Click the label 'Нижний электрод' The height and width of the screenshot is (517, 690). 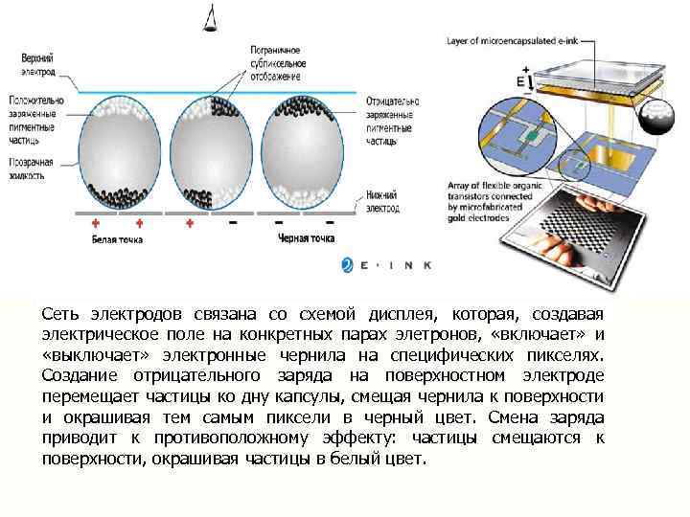pyautogui.click(x=382, y=200)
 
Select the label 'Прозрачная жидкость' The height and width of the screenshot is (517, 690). pyautogui.click(x=39, y=169)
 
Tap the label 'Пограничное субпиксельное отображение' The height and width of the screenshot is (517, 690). pyautogui.click(x=275, y=62)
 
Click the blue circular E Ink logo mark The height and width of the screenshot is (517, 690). pyautogui.click(x=347, y=265)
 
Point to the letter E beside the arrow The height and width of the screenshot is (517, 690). pyautogui.click(x=520, y=82)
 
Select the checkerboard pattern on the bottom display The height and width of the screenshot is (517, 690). pyautogui.click(x=585, y=219)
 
